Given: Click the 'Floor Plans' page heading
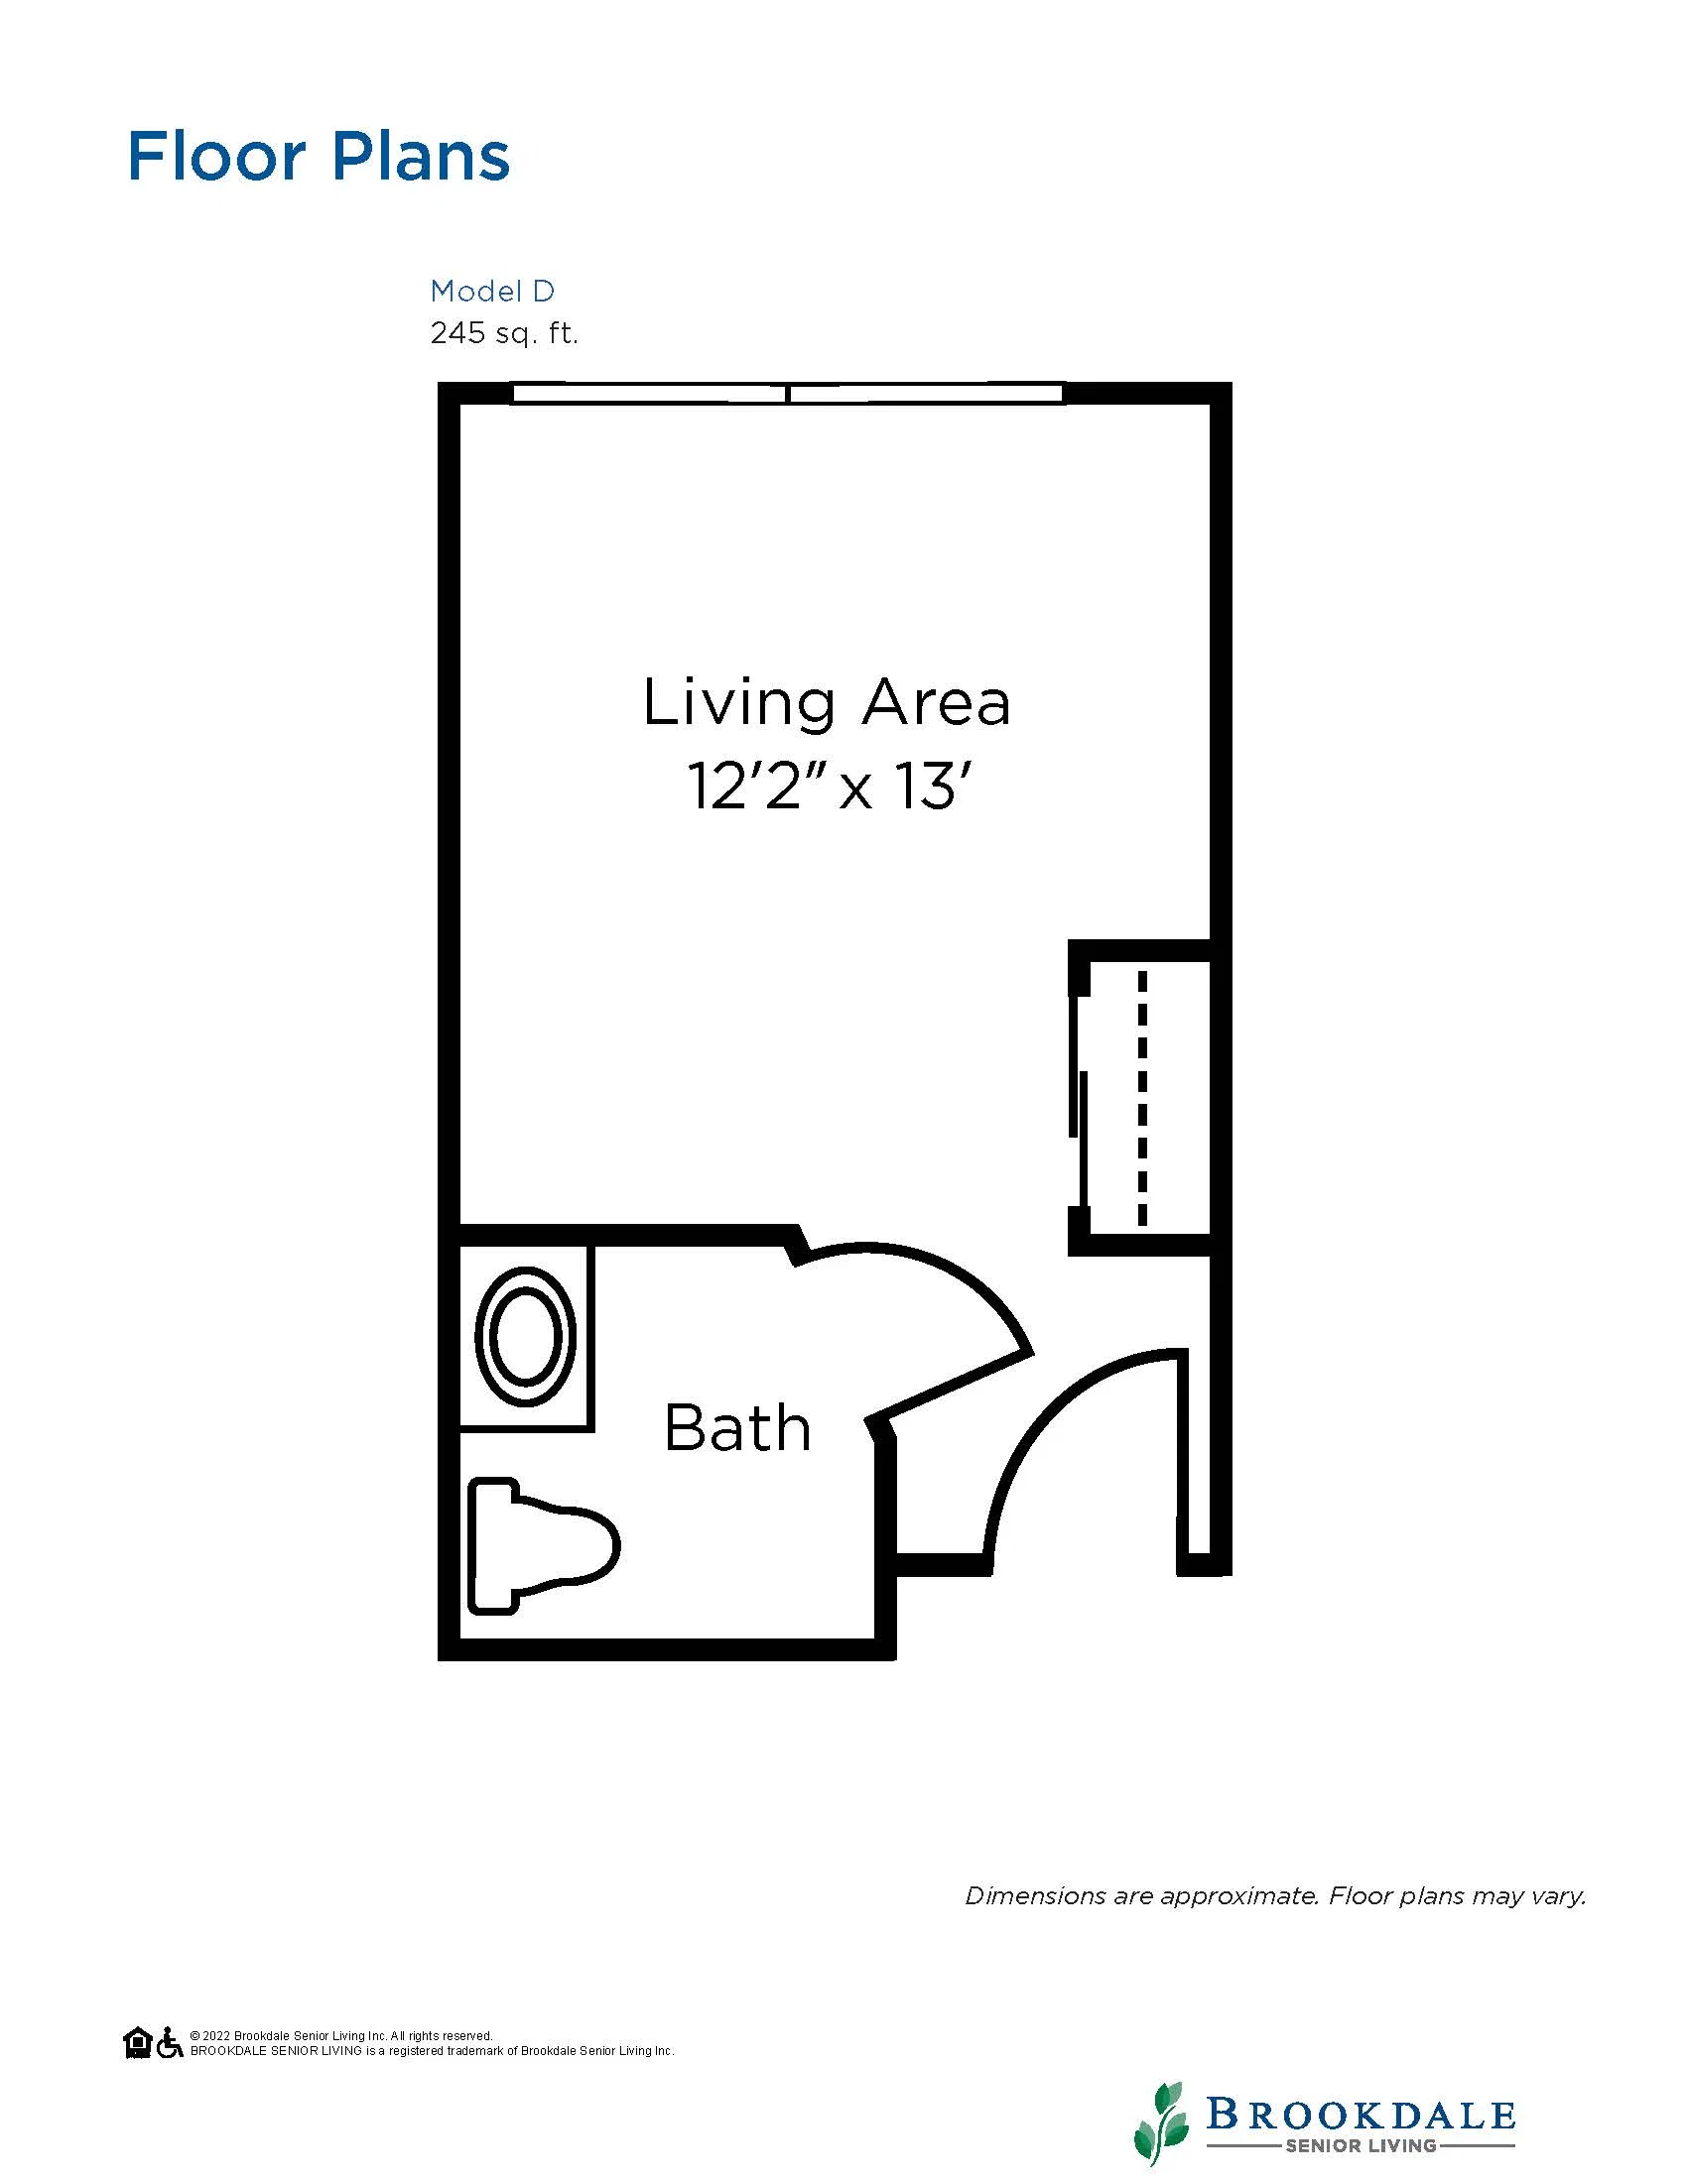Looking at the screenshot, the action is tap(319, 156).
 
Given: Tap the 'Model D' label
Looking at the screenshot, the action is tap(491, 291).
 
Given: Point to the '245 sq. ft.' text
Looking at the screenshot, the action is tap(504, 332).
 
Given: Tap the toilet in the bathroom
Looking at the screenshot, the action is tap(544, 1545).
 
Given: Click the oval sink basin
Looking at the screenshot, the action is tap(526, 1337).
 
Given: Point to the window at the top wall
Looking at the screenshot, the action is tap(788, 393).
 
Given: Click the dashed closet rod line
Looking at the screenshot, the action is tap(1142, 1098).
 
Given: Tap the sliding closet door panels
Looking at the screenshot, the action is tap(1078, 1099).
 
